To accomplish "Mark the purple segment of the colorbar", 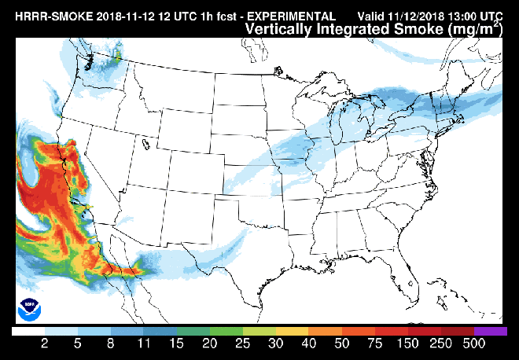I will pos(491,332).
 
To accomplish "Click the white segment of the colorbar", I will pos(28,332).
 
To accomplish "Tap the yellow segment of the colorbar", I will pos(293,332).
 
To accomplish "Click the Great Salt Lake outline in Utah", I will pos(146,144).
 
